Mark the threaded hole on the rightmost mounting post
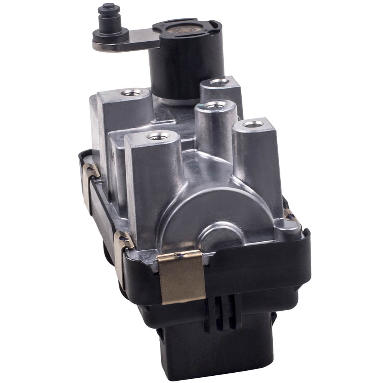(253, 124)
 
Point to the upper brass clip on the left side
(90, 172)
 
